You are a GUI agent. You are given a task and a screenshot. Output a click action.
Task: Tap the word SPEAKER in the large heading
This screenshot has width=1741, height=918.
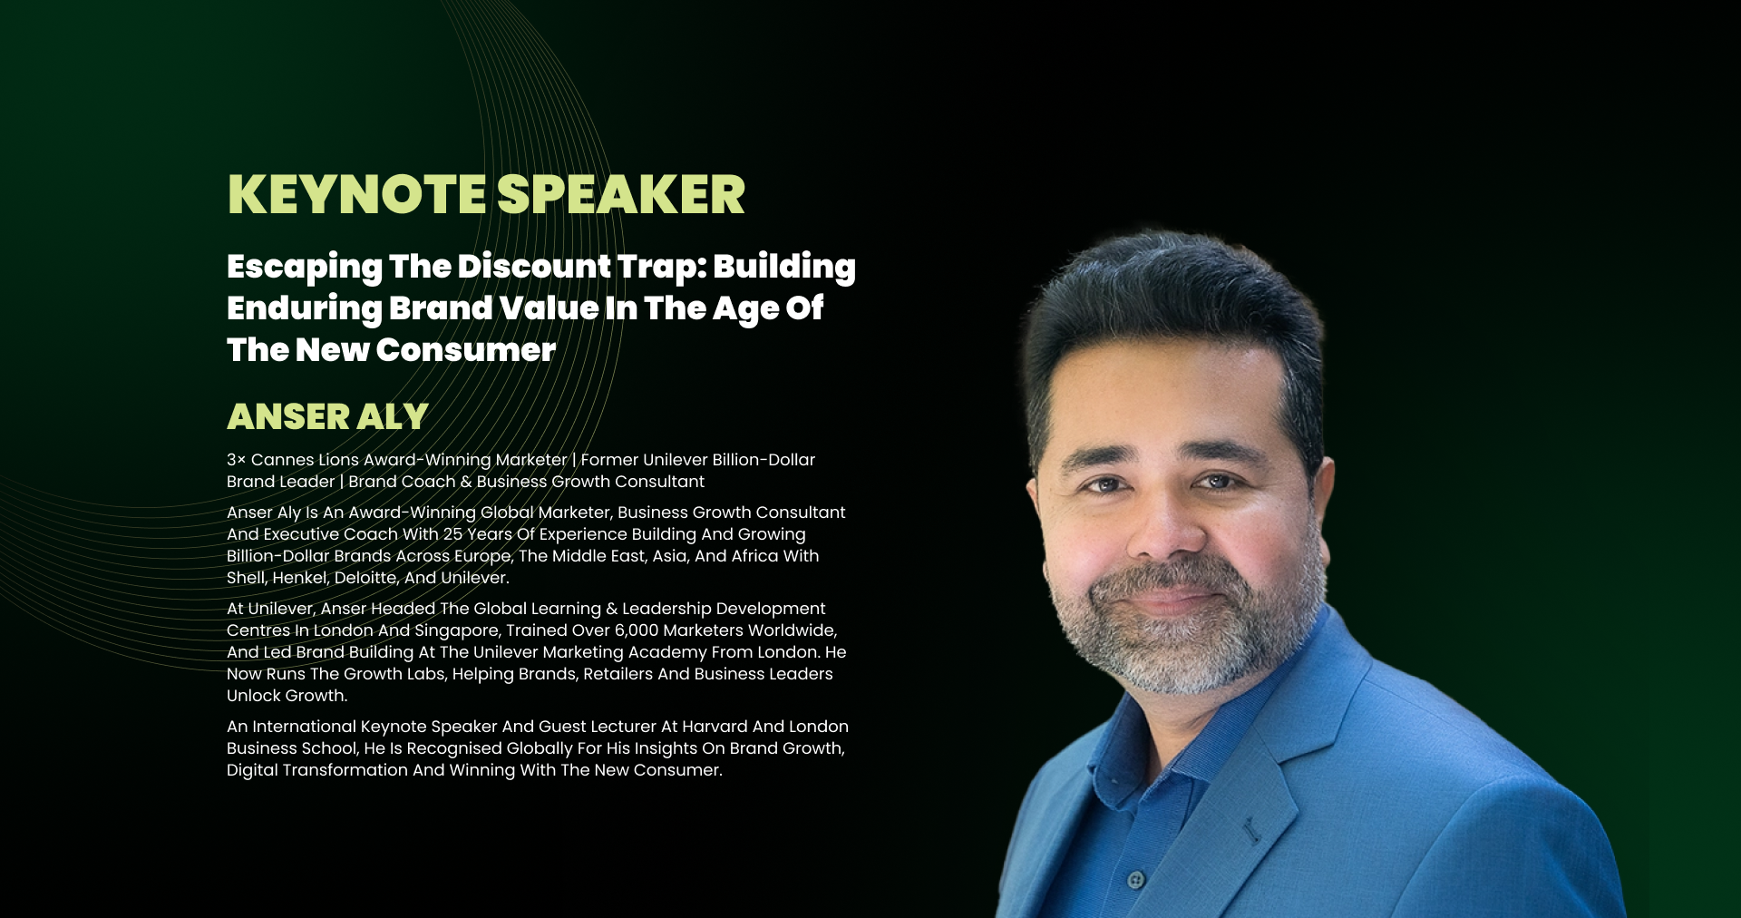click(x=621, y=194)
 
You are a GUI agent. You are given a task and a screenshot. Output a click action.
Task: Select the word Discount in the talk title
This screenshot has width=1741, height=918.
click(x=534, y=266)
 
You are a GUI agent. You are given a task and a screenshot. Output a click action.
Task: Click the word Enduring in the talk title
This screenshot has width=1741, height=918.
click(x=304, y=308)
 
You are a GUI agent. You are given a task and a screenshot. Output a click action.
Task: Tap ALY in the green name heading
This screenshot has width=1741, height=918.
click(x=393, y=416)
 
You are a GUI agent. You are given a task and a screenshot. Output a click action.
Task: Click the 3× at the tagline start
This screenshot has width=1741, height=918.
click(x=236, y=460)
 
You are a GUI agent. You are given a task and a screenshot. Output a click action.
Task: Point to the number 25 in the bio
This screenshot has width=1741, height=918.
click(x=452, y=534)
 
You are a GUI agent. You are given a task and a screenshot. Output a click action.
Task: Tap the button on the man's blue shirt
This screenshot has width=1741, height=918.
click(x=1135, y=879)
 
